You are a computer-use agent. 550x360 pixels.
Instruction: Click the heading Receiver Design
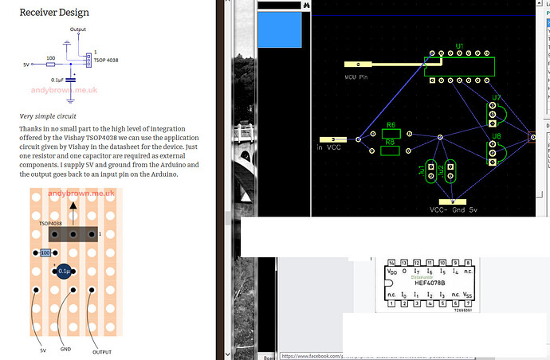[54, 13]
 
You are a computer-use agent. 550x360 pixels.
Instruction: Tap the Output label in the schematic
[77, 29]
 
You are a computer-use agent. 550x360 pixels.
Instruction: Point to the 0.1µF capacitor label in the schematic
[58, 80]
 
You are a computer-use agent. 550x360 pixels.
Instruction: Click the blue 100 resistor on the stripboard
[45, 252]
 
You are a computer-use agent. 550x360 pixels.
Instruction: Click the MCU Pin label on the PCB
[356, 77]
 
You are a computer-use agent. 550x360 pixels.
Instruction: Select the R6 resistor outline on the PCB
[391, 135]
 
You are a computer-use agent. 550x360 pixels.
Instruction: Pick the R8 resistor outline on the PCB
[391, 151]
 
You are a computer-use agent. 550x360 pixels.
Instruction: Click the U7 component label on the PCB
[496, 98]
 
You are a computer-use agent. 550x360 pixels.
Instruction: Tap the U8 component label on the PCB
[497, 136]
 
